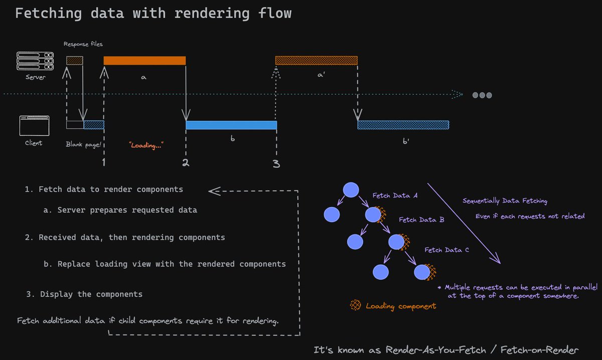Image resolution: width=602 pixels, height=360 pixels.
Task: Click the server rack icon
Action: pyautogui.click(x=35, y=61)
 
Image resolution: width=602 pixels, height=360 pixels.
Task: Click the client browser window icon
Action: pyautogui.click(x=35, y=126)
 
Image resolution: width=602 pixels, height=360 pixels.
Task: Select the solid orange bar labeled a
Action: pyautogui.click(x=144, y=61)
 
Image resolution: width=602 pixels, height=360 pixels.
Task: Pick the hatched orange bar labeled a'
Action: pyautogui.click(x=317, y=61)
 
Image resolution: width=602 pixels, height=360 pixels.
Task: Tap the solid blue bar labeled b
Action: pyautogui.click(x=231, y=125)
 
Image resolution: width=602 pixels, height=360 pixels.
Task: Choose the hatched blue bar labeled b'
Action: pyautogui.click(x=403, y=125)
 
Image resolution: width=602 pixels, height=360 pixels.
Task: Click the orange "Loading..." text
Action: pyautogui.click(x=146, y=145)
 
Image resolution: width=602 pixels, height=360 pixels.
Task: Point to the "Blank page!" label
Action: pyautogui.click(x=83, y=144)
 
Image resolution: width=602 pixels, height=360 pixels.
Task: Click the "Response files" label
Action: pyautogui.click(x=83, y=44)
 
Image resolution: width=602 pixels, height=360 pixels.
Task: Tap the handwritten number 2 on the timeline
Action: pyautogui.click(x=186, y=162)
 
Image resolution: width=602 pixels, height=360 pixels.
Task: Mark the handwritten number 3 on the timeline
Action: pyautogui.click(x=276, y=163)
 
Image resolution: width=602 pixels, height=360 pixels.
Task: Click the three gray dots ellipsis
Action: pyautogui.click(x=482, y=95)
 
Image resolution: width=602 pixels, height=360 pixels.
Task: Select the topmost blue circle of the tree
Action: pyautogui.click(x=351, y=190)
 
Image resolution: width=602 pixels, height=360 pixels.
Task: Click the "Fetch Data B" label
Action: pyautogui.click(x=421, y=220)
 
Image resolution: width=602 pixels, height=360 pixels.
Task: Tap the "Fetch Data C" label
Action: pyautogui.click(x=446, y=250)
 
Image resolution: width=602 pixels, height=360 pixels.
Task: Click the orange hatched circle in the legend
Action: pyautogui.click(x=356, y=305)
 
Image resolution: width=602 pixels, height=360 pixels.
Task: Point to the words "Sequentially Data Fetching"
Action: pyautogui.click(x=505, y=201)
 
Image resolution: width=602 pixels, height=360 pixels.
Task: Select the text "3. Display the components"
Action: pyautogui.click(x=84, y=294)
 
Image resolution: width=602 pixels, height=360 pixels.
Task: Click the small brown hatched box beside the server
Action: pyautogui.click(x=74, y=61)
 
